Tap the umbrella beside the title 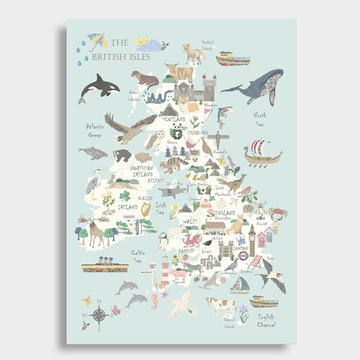point(96,42)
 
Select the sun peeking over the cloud point(141,40)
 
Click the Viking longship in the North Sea point(263,153)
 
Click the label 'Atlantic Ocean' point(96,130)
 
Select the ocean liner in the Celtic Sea point(104,266)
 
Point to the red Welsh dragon point(194,239)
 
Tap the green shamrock point(125,194)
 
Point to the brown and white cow point(221,306)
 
